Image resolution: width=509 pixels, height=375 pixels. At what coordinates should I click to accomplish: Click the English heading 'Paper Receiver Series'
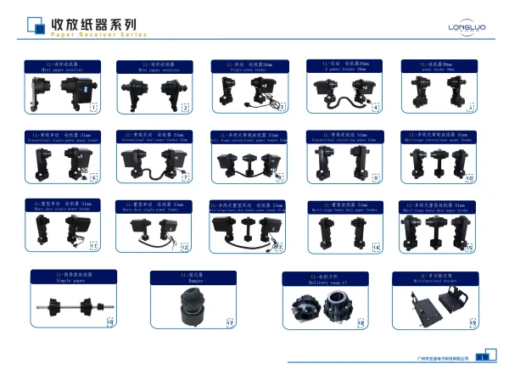pos(98,35)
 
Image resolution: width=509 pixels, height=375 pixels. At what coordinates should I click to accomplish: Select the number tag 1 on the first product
pos(94,108)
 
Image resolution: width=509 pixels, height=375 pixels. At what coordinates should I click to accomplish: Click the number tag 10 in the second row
pos(469,178)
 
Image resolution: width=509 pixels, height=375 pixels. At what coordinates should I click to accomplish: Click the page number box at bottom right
pos(480,358)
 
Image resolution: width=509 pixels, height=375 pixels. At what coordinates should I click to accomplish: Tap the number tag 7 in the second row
pos(186,178)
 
